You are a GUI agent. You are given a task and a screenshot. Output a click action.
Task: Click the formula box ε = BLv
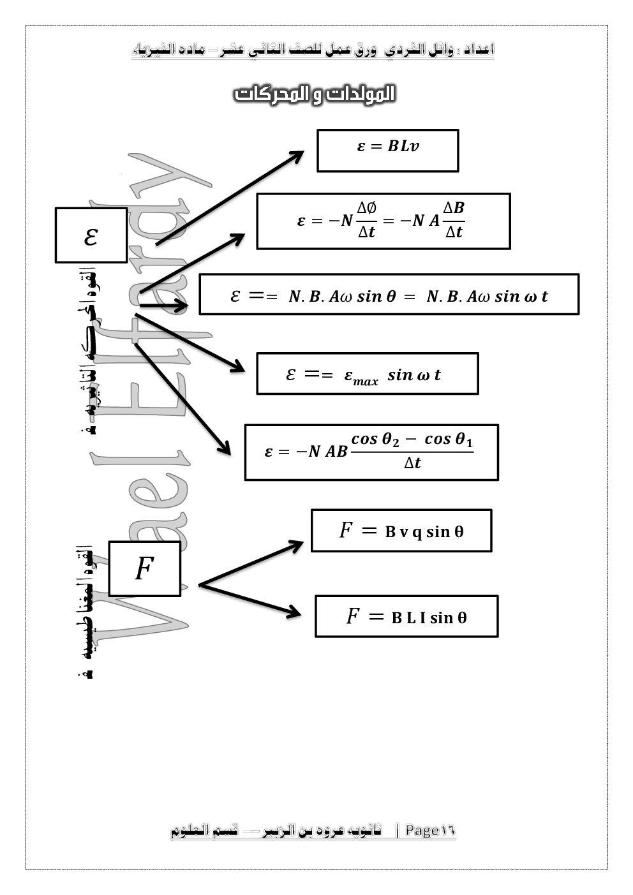click(387, 151)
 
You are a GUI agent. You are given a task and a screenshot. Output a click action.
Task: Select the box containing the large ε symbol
click(91, 235)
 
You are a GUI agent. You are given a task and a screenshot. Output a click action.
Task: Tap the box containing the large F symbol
click(144, 568)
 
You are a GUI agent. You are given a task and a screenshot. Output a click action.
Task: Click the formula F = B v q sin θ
click(401, 530)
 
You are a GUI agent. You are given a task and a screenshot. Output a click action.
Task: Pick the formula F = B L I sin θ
click(406, 616)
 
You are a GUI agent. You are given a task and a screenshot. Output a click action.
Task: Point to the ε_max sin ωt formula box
click(367, 374)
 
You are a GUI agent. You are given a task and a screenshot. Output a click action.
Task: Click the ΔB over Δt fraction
click(454, 220)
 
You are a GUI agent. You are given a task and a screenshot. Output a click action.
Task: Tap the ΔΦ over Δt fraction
click(366, 220)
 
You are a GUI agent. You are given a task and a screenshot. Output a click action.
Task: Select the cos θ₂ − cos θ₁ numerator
click(412, 439)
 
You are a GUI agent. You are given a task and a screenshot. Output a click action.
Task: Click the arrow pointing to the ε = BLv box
click(230, 198)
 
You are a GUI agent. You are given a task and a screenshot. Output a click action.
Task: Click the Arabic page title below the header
click(315, 94)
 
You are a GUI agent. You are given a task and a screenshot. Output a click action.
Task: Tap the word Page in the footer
click(422, 830)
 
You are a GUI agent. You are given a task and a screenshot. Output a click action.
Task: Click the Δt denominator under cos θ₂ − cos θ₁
click(412, 463)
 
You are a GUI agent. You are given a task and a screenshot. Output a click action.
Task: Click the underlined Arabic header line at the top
click(313, 50)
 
